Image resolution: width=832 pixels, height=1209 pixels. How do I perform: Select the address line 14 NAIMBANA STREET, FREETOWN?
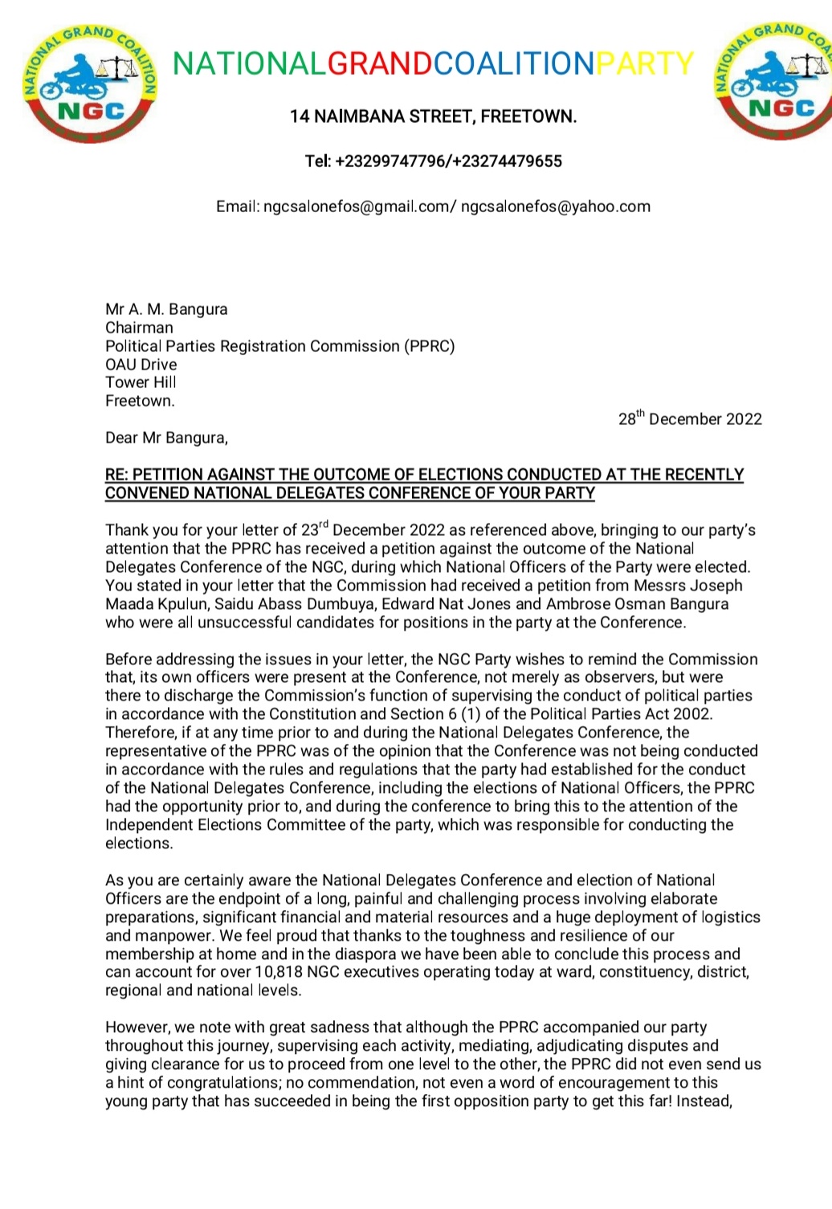tap(433, 116)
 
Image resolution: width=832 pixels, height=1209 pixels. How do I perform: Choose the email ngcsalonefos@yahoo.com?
tap(555, 206)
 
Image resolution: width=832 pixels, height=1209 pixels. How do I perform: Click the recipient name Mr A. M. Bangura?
tap(166, 309)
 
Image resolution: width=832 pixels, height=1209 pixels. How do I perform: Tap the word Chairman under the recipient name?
tap(139, 328)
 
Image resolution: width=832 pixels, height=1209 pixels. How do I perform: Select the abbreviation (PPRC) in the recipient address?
tap(429, 346)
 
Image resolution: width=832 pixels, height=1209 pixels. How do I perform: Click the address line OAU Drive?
tap(141, 365)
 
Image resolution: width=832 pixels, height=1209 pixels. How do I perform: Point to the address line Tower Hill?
tap(141, 383)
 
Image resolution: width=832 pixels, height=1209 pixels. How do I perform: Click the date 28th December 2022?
tap(690, 419)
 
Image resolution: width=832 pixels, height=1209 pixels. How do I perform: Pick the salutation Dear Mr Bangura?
tap(166, 438)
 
